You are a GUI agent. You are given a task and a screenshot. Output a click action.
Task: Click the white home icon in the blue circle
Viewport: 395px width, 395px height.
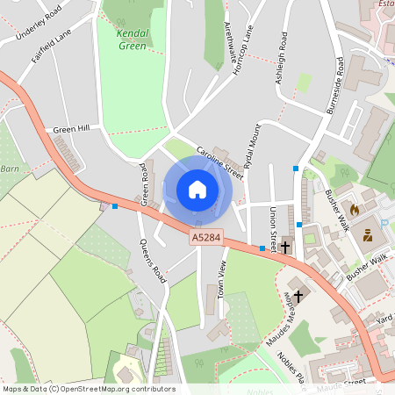[x=197, y=189]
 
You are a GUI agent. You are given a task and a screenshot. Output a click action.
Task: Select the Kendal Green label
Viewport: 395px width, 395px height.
[x=133, y=39]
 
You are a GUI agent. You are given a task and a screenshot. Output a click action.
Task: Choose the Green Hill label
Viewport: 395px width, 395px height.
[x=71, y=129]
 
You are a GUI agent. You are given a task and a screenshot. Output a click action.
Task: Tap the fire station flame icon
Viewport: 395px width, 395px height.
[x=355, y=211]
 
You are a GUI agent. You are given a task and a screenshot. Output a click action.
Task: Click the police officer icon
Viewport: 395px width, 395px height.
[x=368, y=235]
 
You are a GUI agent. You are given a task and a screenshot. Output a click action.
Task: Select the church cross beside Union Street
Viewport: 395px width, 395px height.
[x=285, y=248]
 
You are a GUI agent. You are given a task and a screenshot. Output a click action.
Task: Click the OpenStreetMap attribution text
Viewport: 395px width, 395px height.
[x=88, y=389]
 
